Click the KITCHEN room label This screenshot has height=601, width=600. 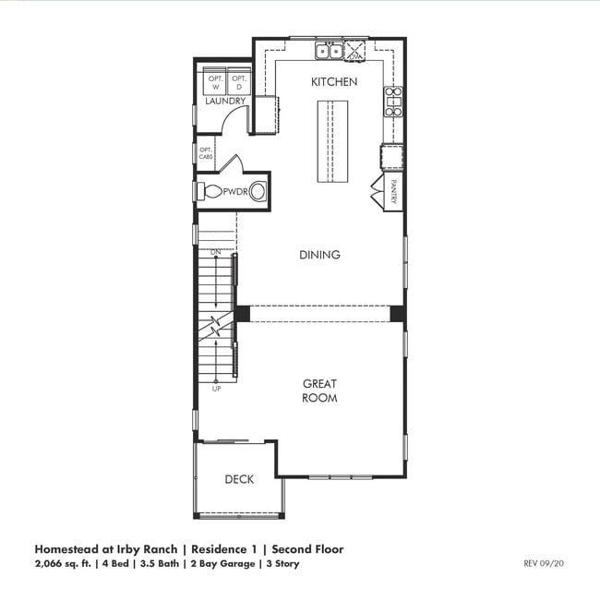click(x=333, y=82)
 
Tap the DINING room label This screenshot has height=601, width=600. click(x=319, y=255)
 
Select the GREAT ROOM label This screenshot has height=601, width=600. click(x=319, y=391)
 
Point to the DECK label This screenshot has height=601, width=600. click(x=239, y=479)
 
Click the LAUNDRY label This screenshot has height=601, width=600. click(x=225, y=101)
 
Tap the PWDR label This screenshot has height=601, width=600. click(x=234, y=192)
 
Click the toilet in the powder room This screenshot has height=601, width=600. click(x=210, y=192)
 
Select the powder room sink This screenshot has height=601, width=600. click(x=258, y=192)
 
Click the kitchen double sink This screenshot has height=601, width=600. click(x=329, y=51)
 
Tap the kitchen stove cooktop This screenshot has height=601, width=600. click(x=393, y=101)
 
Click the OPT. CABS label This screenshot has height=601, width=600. click(x=206, y=152)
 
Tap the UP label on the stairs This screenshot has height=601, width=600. click(x=216, y=389)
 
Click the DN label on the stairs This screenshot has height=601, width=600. click(x=216, y=252)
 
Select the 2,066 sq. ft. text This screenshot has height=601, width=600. click(x=65, y=562)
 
